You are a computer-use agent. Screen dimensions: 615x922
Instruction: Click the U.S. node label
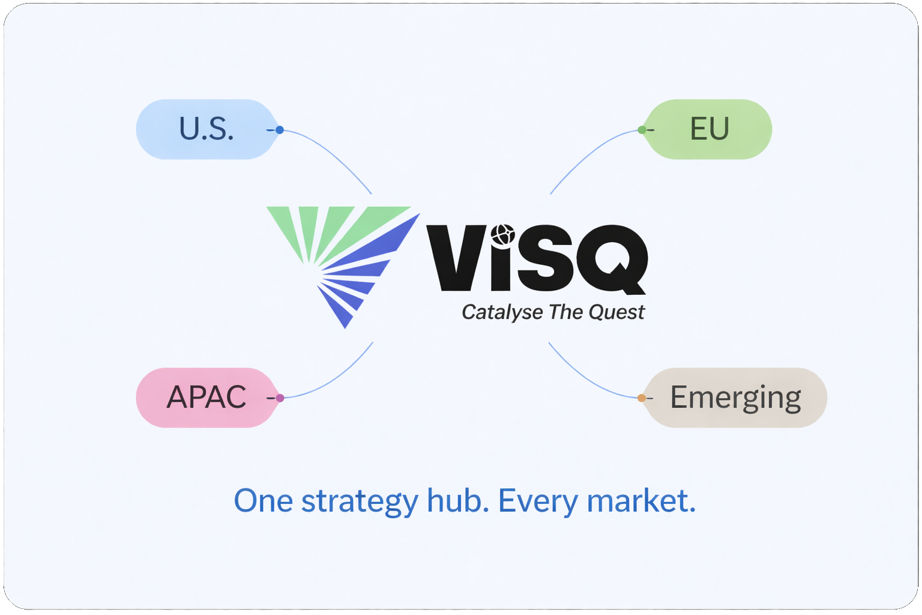coord(206,129)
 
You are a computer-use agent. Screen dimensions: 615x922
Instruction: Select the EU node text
coord(710,129)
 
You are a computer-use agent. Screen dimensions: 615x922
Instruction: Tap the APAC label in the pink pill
coord(206,397)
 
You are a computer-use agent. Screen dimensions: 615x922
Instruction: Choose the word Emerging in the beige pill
coord(735,398)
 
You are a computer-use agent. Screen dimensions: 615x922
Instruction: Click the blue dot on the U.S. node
coord(280,130)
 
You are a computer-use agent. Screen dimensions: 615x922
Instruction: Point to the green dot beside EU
coord(642,130)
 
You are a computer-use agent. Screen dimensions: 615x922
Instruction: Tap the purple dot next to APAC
coord(280,398)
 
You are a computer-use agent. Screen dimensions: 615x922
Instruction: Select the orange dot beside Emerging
coord(642,398)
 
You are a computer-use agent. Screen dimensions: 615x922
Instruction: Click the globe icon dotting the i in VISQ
coord(502,234)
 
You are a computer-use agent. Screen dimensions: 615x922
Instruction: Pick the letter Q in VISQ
coord(612,259)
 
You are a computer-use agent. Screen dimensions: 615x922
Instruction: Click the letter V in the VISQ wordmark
coord(455,258)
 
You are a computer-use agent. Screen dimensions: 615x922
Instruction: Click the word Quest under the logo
coord(616,312)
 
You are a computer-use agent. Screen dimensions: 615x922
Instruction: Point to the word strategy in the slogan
coord(359,501)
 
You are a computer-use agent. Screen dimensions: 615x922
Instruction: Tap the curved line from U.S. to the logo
coord(336,156)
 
